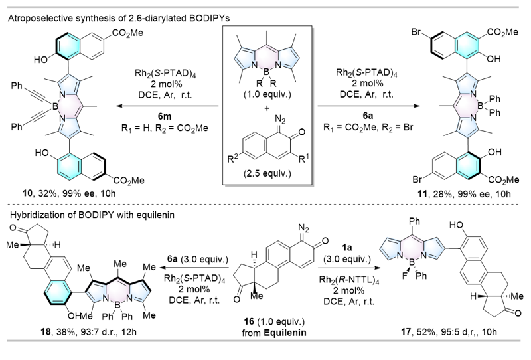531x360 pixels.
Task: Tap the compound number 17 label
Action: (x=406, y=331)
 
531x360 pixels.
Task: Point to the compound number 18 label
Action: (x=45, y=331)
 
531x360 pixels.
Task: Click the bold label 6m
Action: (x=165, y=116)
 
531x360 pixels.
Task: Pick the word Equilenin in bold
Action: (x=285, y=333)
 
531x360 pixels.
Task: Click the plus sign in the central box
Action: (x=267, y=108)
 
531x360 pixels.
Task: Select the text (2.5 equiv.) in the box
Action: (x=267, y=173)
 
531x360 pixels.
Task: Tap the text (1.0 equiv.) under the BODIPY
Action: (x=267, y=94)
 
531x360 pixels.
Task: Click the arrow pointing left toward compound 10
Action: (x=167, y=106)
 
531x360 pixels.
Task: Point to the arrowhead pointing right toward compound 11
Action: (x=417, y=106)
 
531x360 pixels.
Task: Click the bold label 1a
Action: (x=346, y=248)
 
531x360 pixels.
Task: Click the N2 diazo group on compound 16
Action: (x=303, y=230)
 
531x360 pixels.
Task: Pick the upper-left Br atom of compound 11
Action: (x=417, y=33)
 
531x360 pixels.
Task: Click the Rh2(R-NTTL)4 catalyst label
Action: (x=349, y=280)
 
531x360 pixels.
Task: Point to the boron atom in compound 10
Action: (x=55, y=107)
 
